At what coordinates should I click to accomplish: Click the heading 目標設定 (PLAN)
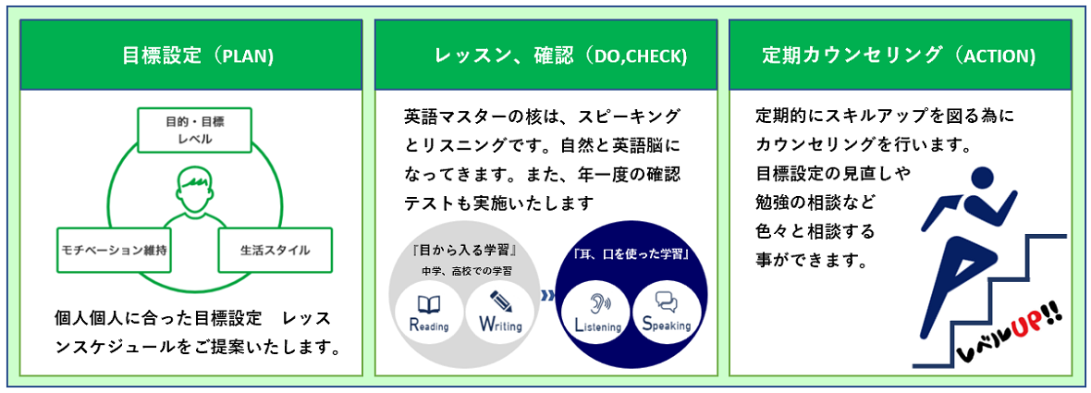[198, 55]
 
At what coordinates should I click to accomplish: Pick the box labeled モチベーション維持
[115, 249]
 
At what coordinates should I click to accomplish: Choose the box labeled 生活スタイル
[275, 249]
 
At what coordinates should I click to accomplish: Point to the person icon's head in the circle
[195, 184]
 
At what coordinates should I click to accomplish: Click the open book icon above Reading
[429, 304]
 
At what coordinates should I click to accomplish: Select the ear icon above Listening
[596, 304]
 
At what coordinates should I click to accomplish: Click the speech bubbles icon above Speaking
[667, 301]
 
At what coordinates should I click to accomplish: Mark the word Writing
[500, 325]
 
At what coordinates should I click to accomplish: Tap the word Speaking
[667, 325]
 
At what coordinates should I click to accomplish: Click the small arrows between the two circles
[548, 296]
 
